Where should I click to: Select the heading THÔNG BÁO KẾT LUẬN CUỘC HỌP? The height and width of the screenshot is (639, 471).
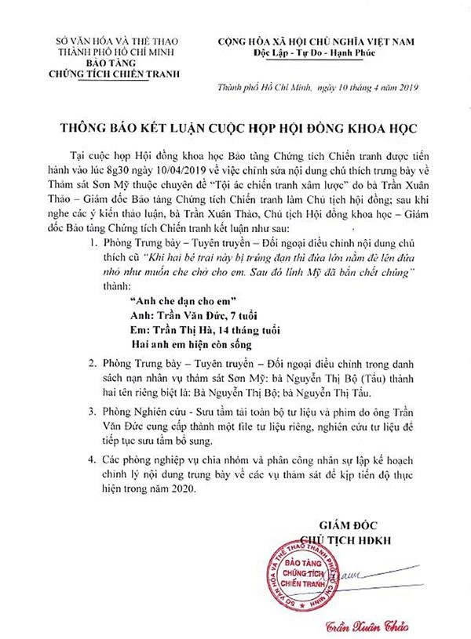(236, 125)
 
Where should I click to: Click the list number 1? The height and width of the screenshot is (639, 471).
(94, 245)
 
